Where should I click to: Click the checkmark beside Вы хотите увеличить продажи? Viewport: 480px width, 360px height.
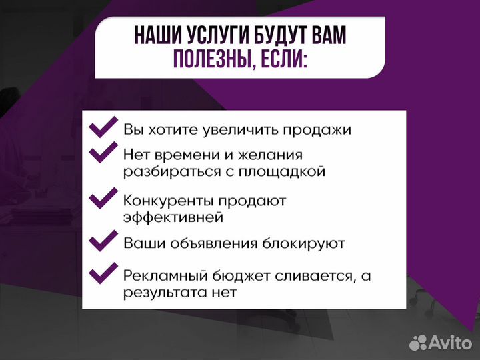point(103,128)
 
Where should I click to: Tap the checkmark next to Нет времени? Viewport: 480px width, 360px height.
point(103,154)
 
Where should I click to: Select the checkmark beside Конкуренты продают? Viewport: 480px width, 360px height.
point(103,199)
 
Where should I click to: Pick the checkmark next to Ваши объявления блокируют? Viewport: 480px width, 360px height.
point(103,241)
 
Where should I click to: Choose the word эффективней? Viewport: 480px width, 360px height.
point(173,217)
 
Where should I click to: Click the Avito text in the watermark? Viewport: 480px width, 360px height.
point(450,343)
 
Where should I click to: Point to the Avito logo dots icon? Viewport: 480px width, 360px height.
point(418,343)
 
